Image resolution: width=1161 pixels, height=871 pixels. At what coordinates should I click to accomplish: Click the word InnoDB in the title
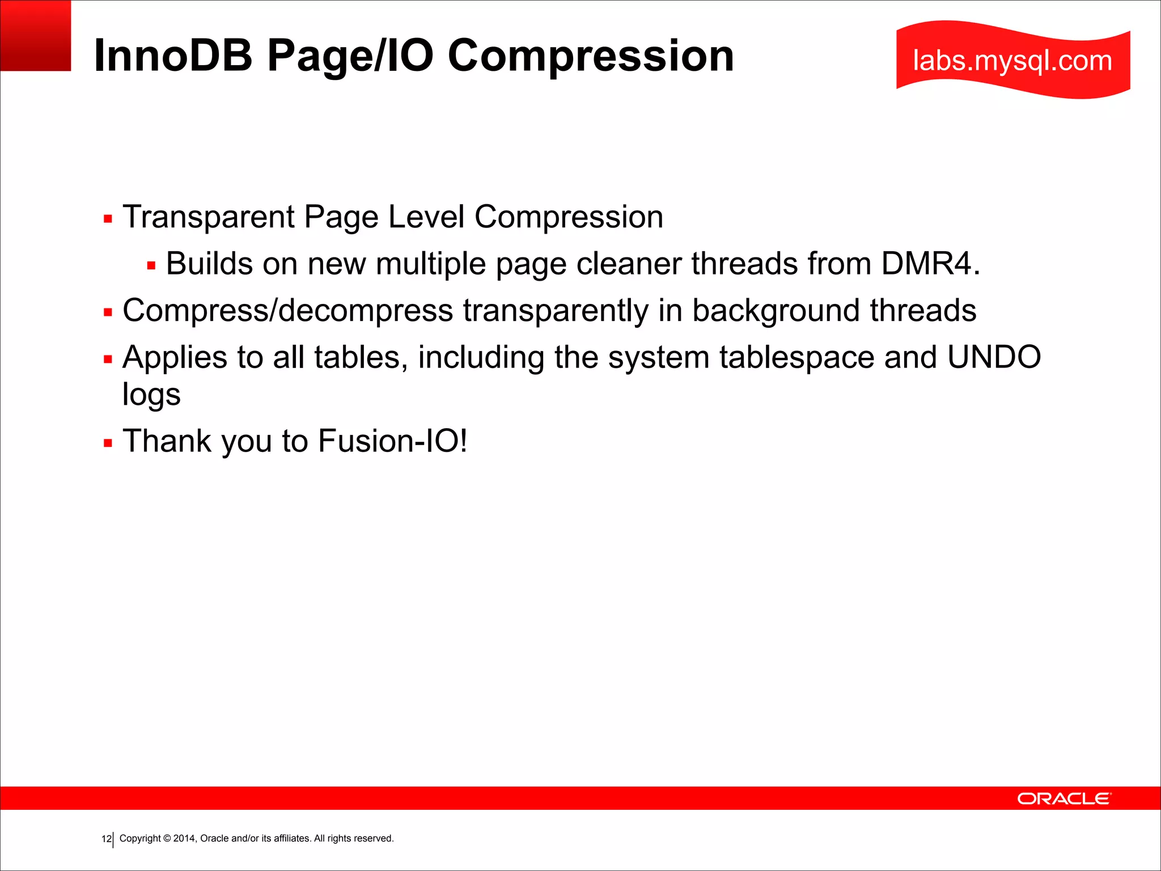(173, 56)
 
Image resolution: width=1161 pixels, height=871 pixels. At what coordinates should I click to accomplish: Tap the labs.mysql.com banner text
(1012, 60)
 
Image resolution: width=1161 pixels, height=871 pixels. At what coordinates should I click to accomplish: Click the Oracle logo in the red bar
(1064, 798)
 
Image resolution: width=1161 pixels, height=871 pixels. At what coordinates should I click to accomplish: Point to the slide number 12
(106, 839)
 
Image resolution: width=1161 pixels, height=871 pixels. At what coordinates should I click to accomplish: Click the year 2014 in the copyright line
(184, 839)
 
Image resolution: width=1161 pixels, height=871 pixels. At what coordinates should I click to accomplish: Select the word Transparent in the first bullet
(209, 217)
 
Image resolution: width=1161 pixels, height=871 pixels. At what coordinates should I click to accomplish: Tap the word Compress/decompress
(287, 311)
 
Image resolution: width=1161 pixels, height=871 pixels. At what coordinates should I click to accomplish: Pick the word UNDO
(994, 357)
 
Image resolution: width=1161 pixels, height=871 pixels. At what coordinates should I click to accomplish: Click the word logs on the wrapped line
(151, 395)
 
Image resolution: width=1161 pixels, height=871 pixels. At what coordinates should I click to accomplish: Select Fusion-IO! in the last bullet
(393, 441)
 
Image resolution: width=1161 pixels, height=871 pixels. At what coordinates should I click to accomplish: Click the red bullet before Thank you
(108, 443)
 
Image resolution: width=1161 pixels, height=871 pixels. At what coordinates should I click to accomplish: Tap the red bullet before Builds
(151, 265)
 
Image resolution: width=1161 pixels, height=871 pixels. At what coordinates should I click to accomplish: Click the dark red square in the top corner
(35, 35)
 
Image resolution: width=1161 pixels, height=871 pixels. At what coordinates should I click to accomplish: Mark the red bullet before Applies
(108, 359)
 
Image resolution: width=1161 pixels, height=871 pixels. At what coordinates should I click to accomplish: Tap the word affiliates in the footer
(292, 839)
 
